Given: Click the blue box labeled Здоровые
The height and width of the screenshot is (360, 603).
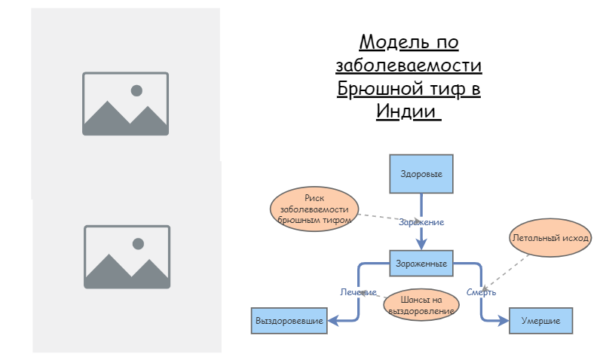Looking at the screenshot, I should (421, 174).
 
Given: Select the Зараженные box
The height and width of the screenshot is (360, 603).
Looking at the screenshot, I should (421, 264).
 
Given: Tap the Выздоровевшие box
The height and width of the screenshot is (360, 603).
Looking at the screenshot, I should (289, 321).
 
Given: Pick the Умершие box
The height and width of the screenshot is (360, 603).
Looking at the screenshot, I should (540, 321).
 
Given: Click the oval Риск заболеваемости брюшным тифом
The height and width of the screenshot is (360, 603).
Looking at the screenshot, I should (314, 208).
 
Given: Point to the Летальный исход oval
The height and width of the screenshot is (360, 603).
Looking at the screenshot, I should (550, 238).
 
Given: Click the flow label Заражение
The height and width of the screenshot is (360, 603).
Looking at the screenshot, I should (421, 222).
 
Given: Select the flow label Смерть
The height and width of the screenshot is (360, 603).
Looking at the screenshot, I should (481, 292).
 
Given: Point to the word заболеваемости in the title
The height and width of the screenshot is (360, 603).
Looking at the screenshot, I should (408, 66).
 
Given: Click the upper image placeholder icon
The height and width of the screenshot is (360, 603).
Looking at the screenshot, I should (125, 104).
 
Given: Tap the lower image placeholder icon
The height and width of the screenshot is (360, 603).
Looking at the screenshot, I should (127, 257).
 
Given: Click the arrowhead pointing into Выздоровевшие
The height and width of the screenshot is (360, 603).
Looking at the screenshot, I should (332, 321).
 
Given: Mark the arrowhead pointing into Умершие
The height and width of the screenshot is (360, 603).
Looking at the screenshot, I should (504, 321).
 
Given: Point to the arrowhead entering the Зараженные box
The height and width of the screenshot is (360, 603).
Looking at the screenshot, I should (421, 244).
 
